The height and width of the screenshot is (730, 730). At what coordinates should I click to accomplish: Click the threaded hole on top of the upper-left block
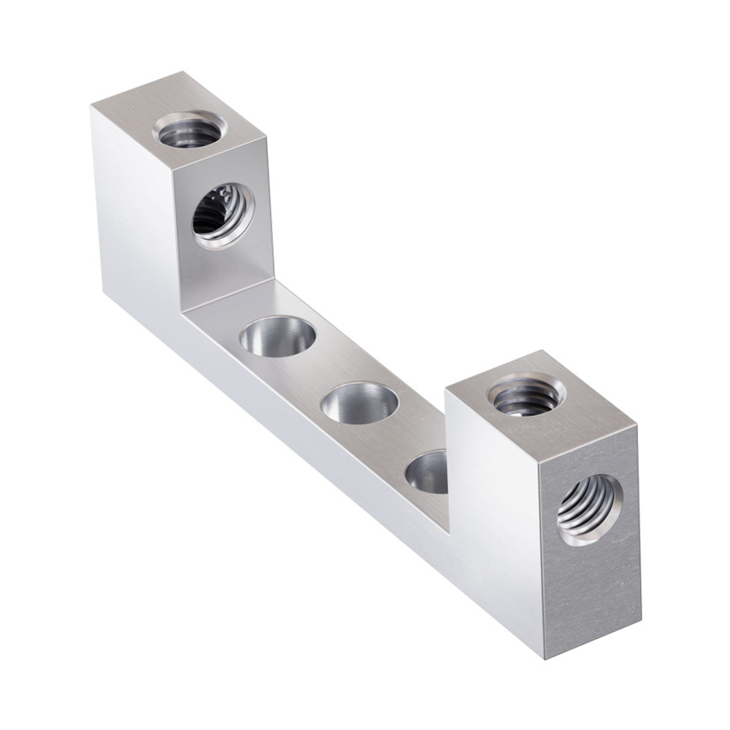pyautogui.click(x=189, y=131)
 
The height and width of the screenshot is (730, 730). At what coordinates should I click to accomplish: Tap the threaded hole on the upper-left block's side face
pyautogui.click(x=223, y=215)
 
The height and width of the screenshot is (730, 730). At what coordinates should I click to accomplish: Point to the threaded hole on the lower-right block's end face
pyautogui.click(x=590, y=510)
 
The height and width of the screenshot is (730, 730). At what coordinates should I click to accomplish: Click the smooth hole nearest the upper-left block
pyautogui.click(x=277, y=337)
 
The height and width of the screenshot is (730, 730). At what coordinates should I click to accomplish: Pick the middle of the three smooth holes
pyautogui.click(x=360, y=403)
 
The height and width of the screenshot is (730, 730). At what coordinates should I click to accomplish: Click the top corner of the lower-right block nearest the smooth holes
pyautogui.click(x=446, y=391)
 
